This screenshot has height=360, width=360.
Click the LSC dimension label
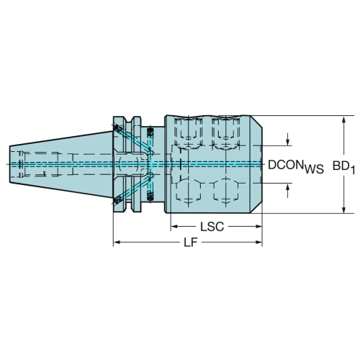(212, 227)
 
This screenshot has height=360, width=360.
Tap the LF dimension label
(191, 243)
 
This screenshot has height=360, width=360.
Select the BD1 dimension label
(343, 166)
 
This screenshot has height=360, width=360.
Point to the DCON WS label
(296, 166)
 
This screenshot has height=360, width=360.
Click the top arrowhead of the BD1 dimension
(344, 120)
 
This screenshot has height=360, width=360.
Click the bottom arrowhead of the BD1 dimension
(344, 209)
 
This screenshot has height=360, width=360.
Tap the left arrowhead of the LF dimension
(117, 243)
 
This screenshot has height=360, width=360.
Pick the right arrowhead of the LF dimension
(258, 243)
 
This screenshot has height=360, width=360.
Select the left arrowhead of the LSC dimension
(174, 226)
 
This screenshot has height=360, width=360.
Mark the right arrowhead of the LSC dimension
(258, 226)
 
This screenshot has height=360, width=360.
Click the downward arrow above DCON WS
(288, 139)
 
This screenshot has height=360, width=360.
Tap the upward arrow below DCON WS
(288, 190)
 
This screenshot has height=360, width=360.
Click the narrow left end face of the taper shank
(9, 164)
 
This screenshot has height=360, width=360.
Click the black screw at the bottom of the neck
(150, 196)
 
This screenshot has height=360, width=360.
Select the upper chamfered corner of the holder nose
(256, 121)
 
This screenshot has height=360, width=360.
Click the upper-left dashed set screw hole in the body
(188, 132)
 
